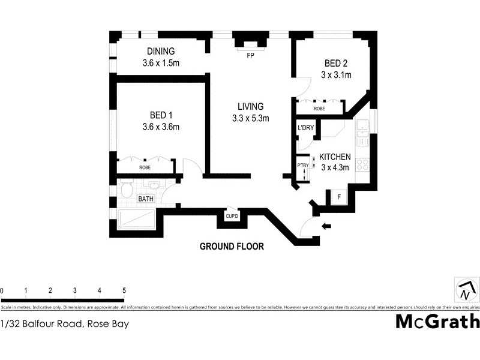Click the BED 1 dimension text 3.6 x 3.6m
tap(161, 127)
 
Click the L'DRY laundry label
tap(305, 128)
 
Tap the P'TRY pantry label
tap(302, 165)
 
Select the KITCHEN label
tap(334, 157)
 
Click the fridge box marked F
tap(338, 196)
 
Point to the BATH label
tap(146, 199)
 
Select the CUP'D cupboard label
tap(232, 216)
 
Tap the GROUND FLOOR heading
tap(232, 246)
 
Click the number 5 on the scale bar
tap(124, 290)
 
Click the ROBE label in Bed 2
tap(319, 109)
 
